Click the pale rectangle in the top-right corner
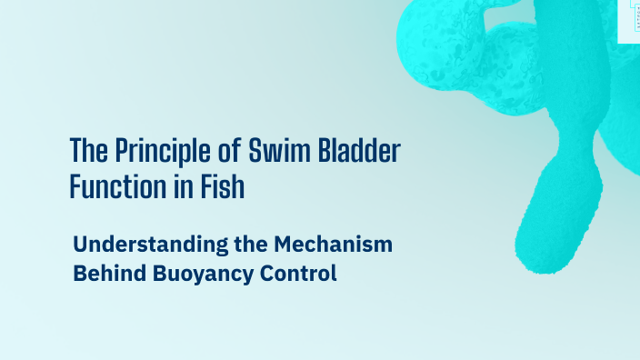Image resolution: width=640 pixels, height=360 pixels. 630,20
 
